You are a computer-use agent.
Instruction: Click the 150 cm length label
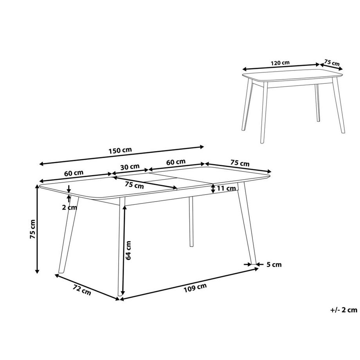120,151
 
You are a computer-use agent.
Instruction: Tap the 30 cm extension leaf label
130,167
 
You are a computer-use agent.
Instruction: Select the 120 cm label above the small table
280,63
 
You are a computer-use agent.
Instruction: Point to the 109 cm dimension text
195,288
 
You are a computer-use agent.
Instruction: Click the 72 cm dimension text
82,290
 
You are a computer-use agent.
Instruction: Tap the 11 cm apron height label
227,189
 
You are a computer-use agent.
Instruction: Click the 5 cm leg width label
274,265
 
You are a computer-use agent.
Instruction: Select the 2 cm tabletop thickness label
69,207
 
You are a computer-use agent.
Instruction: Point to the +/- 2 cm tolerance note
344,310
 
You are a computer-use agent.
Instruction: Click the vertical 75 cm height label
32,229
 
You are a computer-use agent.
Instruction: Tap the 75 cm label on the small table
332,63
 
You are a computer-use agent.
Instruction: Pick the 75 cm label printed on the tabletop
134,185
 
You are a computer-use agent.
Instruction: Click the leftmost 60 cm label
74,173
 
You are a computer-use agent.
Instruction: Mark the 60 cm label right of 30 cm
176,162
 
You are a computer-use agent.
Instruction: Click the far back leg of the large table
191,222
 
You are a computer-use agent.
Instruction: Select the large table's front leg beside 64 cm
121,246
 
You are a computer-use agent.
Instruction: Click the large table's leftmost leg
68,234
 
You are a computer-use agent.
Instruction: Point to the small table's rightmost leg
338,105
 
